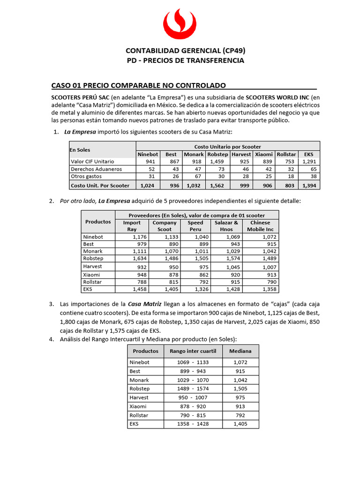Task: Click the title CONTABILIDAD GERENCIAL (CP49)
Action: tap(186, 51)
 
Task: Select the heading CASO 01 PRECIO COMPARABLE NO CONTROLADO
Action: tap(138, 85)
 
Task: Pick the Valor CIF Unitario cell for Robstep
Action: tap(218, 161)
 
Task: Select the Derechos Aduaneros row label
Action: tap(96, 169)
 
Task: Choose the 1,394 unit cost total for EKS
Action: tap(309, 186)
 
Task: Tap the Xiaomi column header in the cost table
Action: tap(264, 154)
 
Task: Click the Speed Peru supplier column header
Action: tap(195, 226)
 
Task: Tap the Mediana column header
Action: tap(240, 351)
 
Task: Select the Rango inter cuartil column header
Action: tap(193, 351)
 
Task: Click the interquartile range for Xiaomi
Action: tap(193, 406)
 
